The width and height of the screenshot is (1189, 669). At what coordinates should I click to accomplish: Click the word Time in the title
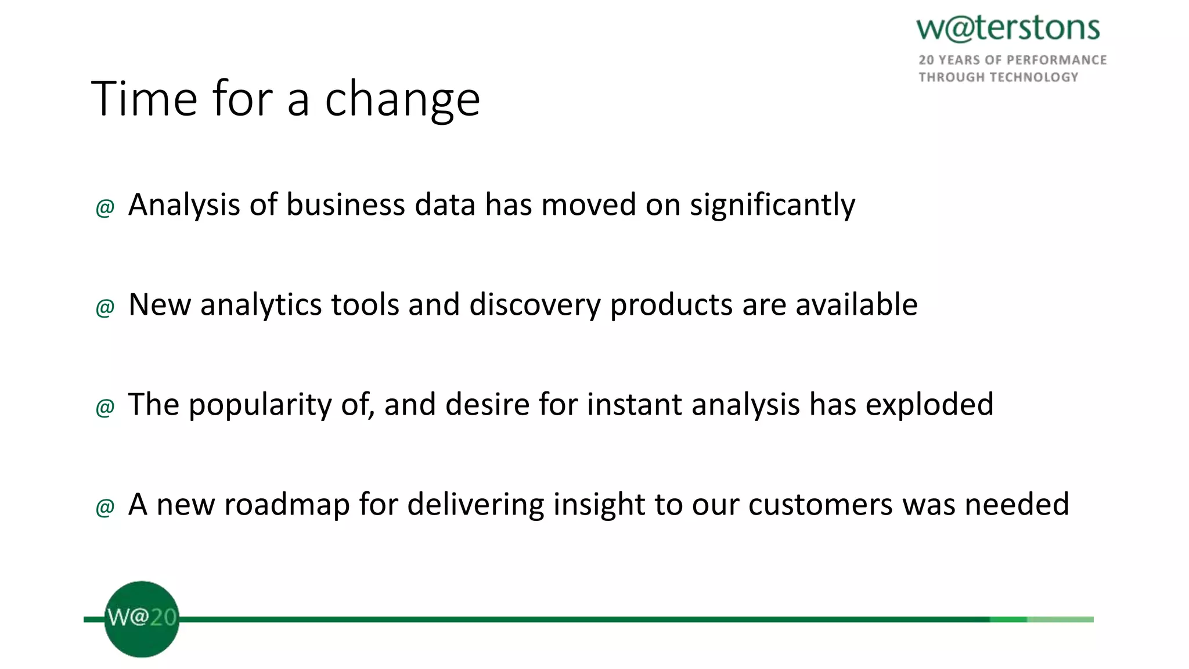(x=145, y=99)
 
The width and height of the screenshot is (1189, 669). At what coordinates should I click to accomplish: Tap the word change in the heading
(x=402, y=100)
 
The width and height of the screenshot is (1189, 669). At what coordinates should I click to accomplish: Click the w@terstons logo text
(x=1008, y=29)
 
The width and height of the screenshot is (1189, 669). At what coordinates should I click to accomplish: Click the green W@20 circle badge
(x=142, y=619)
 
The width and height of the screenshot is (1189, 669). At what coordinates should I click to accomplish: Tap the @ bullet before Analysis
(x=105, y=207)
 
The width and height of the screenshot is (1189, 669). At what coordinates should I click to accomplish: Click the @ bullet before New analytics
(x=105, y=307)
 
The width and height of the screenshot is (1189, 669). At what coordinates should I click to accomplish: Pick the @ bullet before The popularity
(x=105, y=407)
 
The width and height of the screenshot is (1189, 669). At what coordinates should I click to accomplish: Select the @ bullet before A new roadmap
(x=105, y=507)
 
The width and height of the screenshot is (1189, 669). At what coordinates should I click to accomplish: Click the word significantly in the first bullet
(x=772, y=206)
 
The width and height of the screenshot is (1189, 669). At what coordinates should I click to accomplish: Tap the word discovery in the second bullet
(x=535, y=305)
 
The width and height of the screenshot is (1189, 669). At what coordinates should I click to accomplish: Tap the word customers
(x=821, y=504)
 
